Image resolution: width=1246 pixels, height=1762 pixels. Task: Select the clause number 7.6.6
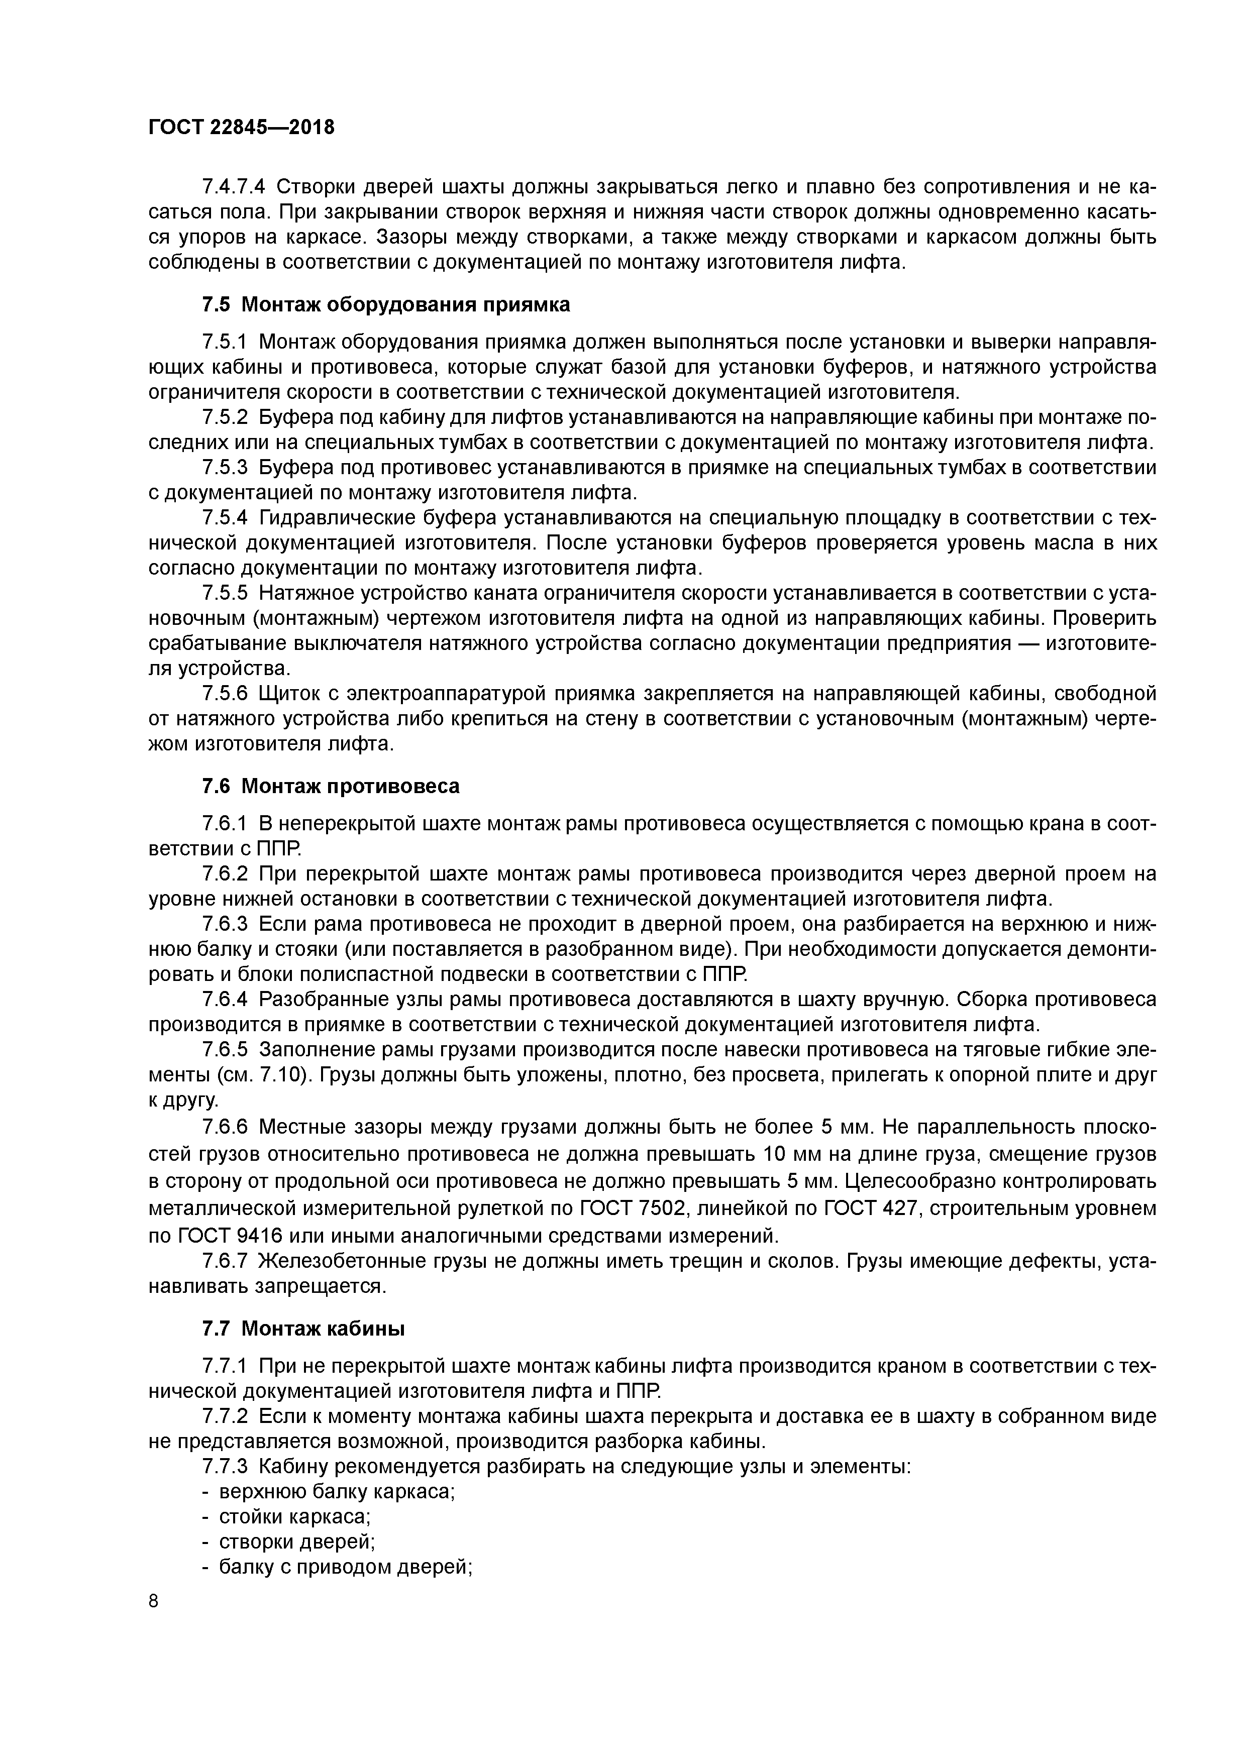tap(225, 1127)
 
